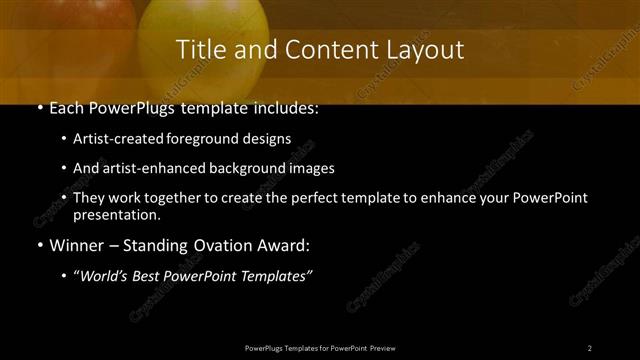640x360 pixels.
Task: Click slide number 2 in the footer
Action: coord(590,347)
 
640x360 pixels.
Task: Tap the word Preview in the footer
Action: coord(381,347)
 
